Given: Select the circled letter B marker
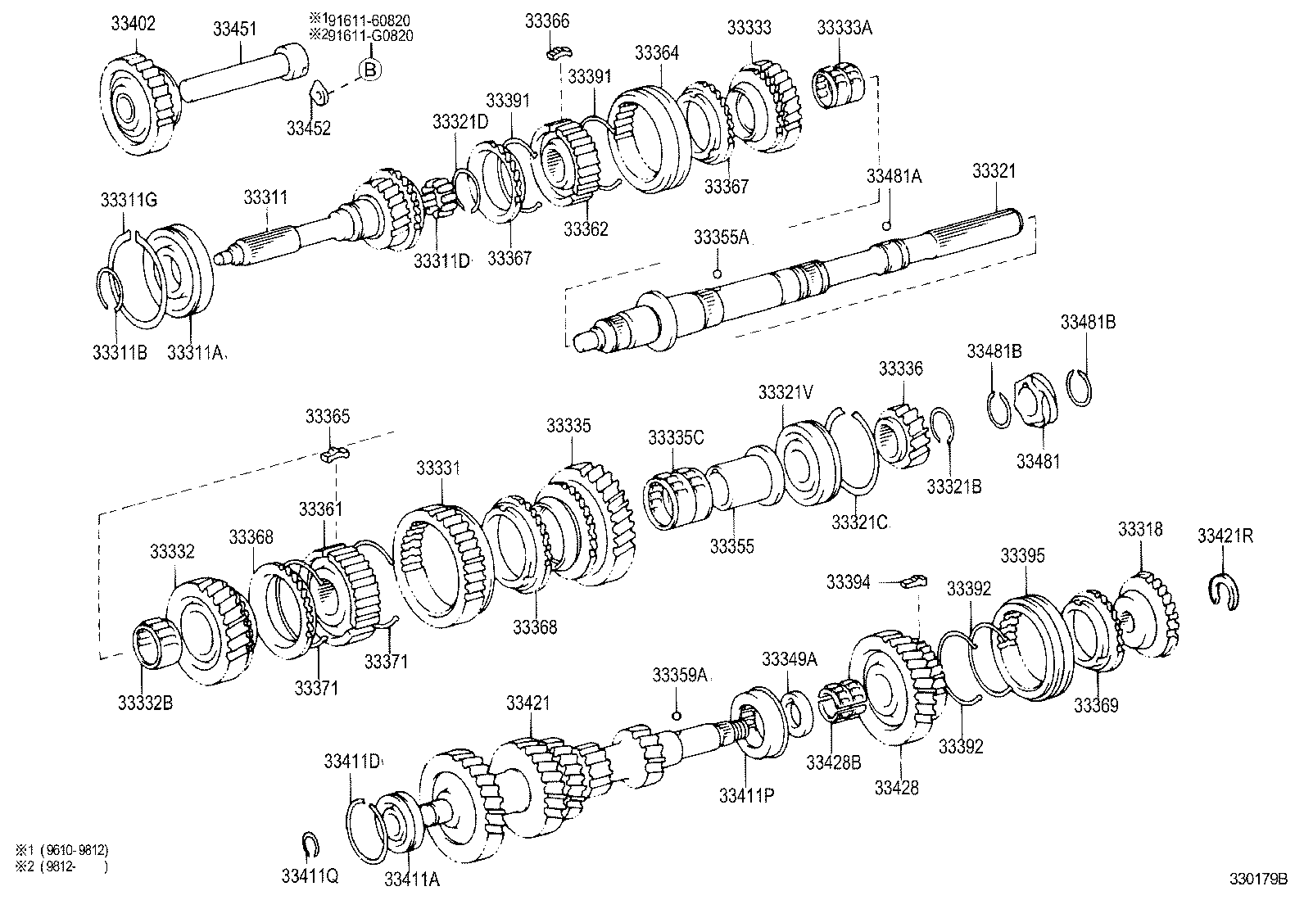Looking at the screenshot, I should tap(369, 70).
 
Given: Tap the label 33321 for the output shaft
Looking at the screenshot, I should tap(994, 170).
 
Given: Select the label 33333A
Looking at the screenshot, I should tap(844, 27).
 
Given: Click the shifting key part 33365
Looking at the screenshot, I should tap(334, 453).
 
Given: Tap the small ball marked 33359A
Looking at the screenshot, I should tap(677, 717).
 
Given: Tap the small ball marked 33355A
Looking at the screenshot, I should tap(717, 274).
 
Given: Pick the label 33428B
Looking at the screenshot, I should tap(833, 762).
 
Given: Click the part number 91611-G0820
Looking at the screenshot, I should tap(378, 36).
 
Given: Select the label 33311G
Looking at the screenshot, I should tap(129, 199).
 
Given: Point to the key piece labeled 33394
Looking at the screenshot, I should tap(912, 581).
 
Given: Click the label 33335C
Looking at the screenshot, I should tap(675, 436).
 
